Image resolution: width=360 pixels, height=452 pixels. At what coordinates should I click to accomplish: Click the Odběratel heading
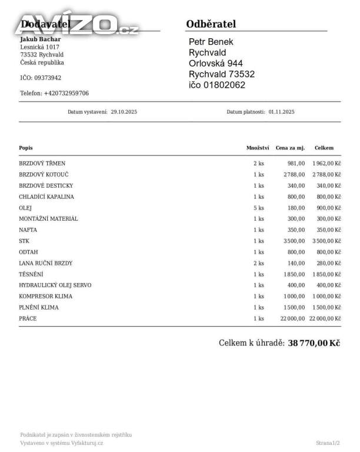pos(211,24)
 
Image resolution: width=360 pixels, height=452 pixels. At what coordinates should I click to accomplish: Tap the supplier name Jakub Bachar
pos(41,39)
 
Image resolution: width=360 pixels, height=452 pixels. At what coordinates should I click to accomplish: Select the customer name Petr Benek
pos(211,42)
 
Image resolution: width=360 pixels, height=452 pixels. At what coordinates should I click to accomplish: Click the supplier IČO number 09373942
pos(48,78)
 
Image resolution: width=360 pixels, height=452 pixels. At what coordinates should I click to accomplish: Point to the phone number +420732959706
pos(66,93)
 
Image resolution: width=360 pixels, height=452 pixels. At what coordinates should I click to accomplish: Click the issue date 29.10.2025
pos(124,111)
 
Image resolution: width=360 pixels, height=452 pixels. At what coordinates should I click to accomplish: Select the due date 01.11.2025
pos(281,111)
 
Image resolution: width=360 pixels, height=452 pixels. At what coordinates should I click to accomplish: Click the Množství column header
pos(258,148)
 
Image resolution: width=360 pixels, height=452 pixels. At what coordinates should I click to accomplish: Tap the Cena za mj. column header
pos(290,148)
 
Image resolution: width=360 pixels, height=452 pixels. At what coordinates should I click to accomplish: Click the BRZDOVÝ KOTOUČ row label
pos(44,174)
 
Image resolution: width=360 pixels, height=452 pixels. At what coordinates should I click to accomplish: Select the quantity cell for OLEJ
pos(258,208)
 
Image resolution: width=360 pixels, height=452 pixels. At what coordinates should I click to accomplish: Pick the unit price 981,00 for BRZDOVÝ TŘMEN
pos(296,163)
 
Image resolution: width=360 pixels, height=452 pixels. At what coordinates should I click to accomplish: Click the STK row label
pos(24,241)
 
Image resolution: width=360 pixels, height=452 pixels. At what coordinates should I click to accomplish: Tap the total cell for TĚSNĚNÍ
pos(326,274)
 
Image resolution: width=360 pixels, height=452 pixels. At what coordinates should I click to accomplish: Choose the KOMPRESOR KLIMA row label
pos(46,296)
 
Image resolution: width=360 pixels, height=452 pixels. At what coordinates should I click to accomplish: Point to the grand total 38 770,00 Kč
pos(314,343)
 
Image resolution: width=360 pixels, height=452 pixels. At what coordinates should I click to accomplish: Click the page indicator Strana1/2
pos(328,443)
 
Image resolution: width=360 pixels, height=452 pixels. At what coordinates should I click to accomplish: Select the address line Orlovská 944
pos(216,64)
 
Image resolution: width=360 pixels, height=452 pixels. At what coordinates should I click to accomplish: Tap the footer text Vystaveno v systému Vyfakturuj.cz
pos(62,443)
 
